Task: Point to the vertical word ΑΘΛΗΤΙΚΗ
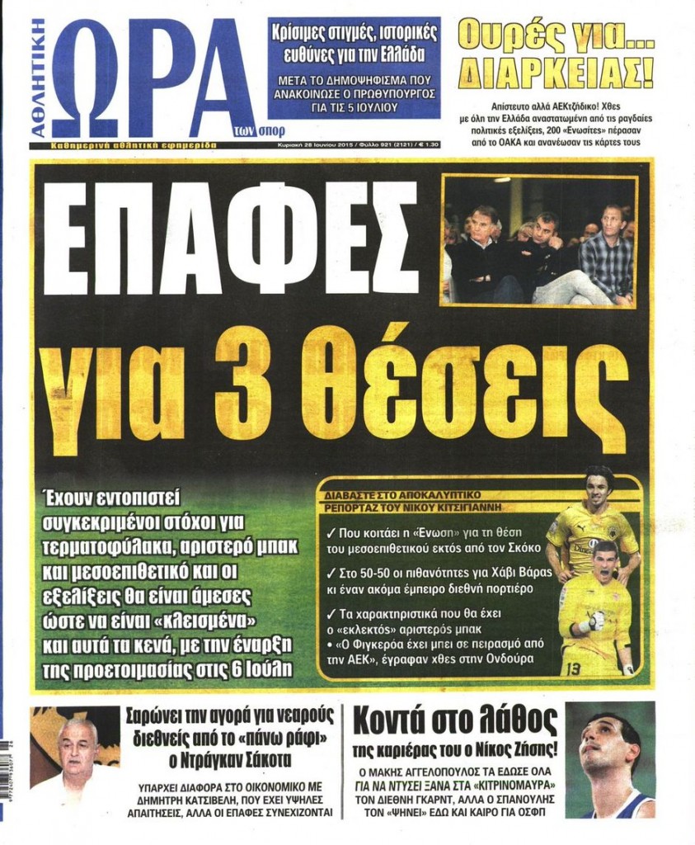tap(40, 78)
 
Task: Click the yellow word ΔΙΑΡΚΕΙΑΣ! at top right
tap(556, 73)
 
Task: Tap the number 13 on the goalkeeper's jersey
tap(572, 666)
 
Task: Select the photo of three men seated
tap(540, 240)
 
